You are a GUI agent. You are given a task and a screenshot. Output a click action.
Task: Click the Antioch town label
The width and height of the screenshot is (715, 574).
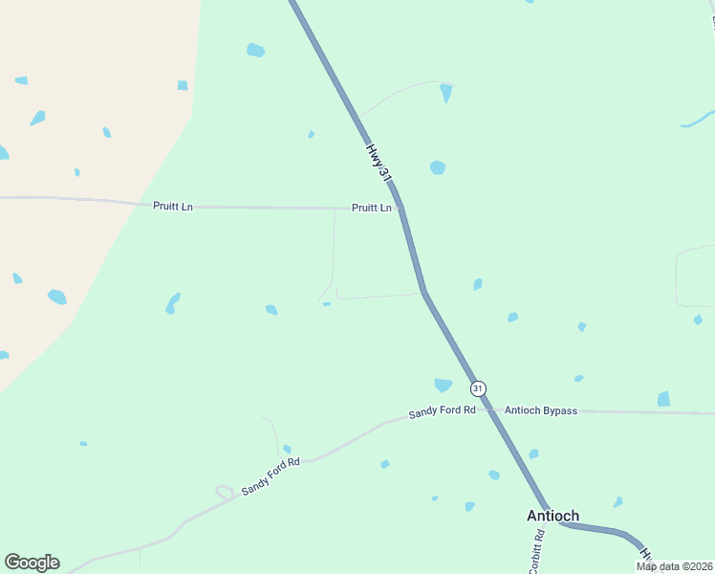point(552,516)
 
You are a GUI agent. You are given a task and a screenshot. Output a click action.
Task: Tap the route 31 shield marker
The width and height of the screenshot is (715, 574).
point(478,388)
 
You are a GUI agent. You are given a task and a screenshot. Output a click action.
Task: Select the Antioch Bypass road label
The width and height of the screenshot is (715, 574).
point(541,410)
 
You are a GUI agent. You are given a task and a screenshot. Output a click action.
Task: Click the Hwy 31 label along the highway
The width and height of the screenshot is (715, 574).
point(379,165)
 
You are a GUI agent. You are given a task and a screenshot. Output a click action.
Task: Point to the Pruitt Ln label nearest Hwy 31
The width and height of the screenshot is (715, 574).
point(371,208)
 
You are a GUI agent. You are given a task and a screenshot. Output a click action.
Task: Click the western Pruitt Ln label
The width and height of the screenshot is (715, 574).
point(173,206)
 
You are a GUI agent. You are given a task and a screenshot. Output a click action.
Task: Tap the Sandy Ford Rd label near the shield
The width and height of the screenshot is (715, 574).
point(442,412)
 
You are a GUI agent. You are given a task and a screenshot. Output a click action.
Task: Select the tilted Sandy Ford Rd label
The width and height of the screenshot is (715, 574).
point(271,475)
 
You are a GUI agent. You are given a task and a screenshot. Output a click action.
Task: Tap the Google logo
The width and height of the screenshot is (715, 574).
point(32,563)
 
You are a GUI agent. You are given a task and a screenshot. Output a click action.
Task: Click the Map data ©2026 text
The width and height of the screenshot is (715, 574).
point(674,566)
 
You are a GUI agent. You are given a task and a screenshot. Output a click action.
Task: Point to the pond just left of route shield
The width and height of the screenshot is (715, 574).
point(443,385)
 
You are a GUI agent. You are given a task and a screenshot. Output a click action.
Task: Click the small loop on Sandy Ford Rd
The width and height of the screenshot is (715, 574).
point(225,493)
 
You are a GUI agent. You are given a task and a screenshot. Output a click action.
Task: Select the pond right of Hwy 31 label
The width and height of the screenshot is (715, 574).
point(437,167)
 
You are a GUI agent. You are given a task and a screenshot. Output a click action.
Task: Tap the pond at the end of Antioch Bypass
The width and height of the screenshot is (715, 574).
point(663,399)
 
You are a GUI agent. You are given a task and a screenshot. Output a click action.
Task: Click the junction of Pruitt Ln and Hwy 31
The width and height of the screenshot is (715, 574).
point(401,208)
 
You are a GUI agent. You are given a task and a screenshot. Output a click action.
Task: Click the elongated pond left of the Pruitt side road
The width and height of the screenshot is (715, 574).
point(172,303)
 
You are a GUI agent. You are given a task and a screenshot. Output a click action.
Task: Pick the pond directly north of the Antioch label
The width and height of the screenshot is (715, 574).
point(533,453)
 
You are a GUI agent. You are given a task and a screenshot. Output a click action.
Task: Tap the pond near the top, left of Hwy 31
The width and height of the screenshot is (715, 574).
point(255,50)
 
